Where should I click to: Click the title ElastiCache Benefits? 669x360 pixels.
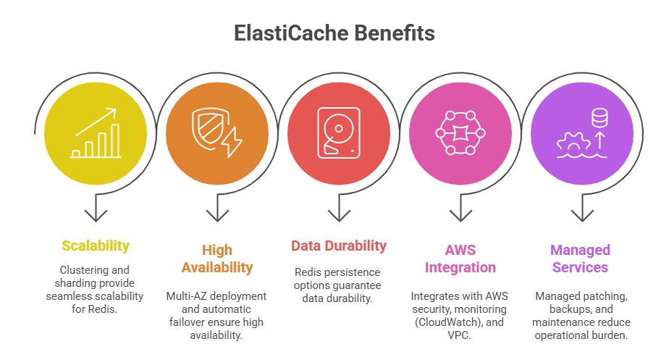tap(334, 33)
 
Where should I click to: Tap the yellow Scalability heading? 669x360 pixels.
tap(96, 246)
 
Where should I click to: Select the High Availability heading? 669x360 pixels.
tap(217, 259)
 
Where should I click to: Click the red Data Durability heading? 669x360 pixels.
tap(339, 246)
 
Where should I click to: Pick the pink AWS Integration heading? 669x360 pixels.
tap(460, 259)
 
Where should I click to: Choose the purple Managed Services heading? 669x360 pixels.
tap(580, 259)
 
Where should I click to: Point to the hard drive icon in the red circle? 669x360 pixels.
tap(337, 131)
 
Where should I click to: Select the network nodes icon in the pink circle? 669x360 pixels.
tap(460, 132)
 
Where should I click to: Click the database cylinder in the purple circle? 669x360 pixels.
tap(599, 117)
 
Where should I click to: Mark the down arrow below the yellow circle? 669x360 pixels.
tap(96, 211)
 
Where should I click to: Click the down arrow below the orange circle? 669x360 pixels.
tap(217, 211)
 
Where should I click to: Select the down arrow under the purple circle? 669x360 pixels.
tap(581, 211)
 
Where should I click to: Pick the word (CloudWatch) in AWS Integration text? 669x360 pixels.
tap(445, 322)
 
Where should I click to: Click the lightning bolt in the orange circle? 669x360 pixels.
tap(231, 142)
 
